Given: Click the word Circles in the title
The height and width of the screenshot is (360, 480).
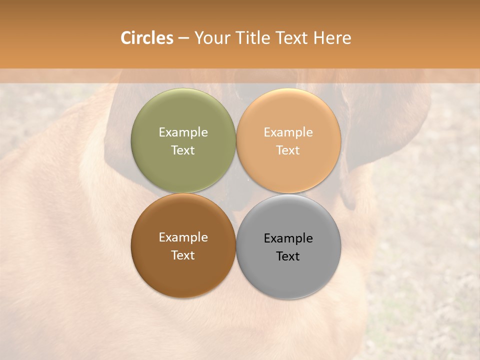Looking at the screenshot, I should click(146, 38).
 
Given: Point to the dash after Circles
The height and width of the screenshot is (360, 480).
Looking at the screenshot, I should click(183, 38).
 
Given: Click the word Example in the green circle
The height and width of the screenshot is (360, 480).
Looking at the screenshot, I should click(183, 132).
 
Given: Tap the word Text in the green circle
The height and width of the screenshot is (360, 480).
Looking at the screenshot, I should click(183, 150).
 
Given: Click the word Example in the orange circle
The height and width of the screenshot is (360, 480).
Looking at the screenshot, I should click(288, 132).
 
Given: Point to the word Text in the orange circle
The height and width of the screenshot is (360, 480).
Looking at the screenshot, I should click(288, 150).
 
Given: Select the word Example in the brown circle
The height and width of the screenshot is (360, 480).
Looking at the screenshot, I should click(183, 237).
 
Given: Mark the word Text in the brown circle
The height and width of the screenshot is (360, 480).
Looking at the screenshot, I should click(183, 255).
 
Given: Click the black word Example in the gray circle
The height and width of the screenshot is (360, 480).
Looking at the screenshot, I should click(288, 238).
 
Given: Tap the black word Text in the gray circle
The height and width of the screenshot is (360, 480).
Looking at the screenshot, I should click(288, 256).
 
